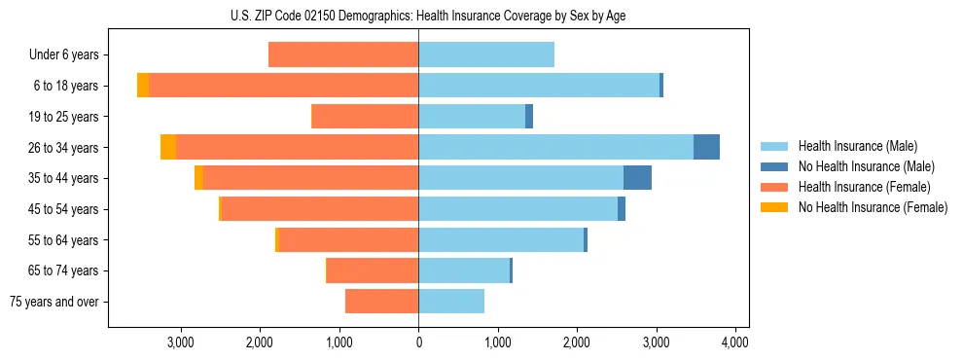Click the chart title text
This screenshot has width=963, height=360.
(x=419, y=17)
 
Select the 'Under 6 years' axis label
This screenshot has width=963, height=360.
(x=64, y=54)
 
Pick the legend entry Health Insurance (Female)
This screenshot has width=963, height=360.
(x=864, y=187)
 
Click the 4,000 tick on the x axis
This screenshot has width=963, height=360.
(x=734, y=342)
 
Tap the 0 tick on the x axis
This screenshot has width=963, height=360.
(x=418, y=342)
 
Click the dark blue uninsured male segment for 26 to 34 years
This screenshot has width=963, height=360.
(x=706, y=147)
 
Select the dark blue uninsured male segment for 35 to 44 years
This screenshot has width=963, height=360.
(x=637, y=178)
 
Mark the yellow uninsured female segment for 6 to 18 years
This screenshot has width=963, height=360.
(x=143, y=86)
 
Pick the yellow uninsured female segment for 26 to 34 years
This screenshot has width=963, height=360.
(x=168, y=147)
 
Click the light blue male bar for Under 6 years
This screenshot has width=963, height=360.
(x=486, y=54)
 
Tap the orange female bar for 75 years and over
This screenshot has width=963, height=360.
(x=381, y=302)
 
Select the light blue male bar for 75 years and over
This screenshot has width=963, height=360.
(x=451, y=302)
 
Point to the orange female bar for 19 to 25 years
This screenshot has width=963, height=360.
(x=365, y=117)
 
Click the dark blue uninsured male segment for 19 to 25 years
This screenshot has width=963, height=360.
(x=529, y=117)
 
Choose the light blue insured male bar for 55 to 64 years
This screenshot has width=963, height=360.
(x=501, y=239)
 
